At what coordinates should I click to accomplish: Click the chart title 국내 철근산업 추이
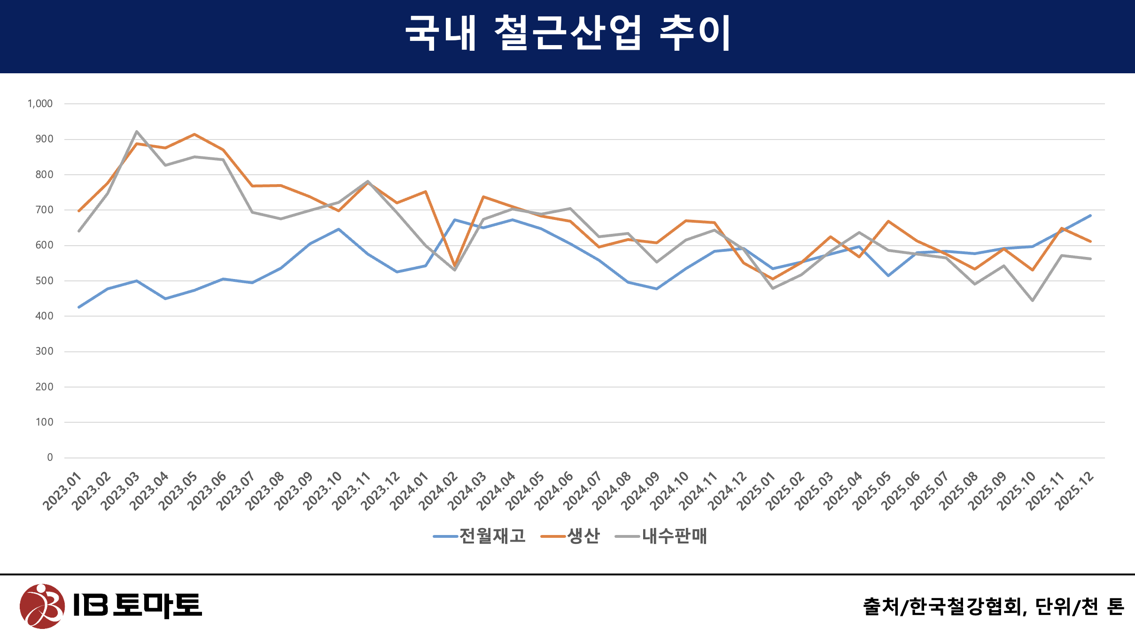[x=567, y=33]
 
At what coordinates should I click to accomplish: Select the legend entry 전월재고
[x=492, y=536]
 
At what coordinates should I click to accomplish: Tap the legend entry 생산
[x=583, y=536]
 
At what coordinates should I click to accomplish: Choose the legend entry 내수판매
[x=674, y=536]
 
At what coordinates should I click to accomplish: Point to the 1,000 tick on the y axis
[x=40, y=104]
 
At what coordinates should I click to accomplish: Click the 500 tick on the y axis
[x=44, y=281]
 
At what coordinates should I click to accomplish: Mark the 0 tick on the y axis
[x=50, y=458]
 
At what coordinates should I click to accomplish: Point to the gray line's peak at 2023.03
[x=137, y=132]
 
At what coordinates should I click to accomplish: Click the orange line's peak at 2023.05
[x=194, y=134]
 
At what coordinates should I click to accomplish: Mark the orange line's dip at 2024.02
[x=454, y=266]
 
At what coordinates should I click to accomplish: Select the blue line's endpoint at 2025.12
[x=1090, y=216]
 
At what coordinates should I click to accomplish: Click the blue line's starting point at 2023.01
[x=79, y=307]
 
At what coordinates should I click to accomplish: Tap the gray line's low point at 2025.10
[x=1033, y=300]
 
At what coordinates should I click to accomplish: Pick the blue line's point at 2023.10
[x=339, y=229]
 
